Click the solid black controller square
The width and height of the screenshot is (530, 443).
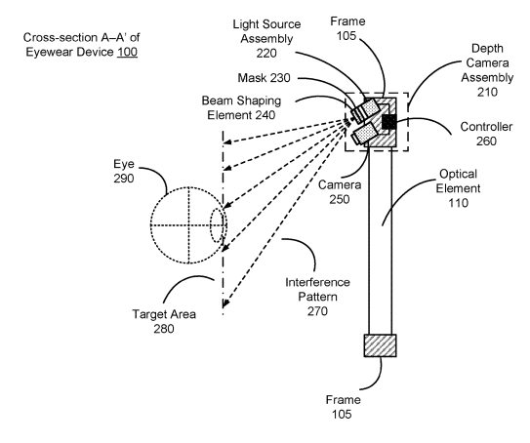point(388,122)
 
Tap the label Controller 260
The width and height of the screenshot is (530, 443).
point(486,134)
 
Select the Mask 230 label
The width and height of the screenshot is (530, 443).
point(264,78)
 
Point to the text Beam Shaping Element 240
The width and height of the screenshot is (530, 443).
point(241,107)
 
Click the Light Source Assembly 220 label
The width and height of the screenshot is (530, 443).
point(266,38)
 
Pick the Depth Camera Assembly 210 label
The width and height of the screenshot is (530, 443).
point(487,70)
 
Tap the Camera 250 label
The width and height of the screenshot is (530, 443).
point(340,192)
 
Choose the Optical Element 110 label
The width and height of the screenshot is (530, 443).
point(458,188)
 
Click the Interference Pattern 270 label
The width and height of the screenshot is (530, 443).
point(317,297)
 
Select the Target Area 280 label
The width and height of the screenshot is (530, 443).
point(164,321)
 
